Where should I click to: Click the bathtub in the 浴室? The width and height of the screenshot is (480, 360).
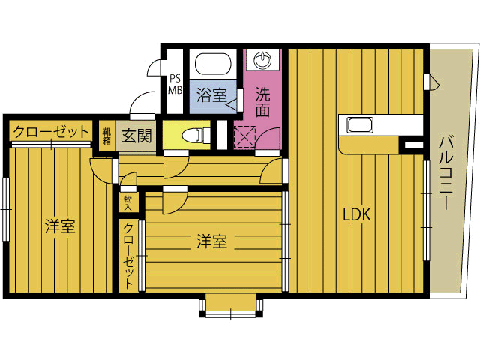tap(212, 64)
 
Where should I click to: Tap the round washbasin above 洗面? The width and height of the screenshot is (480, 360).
tap(262, 59)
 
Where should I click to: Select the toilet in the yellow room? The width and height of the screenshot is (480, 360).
tap(195, 135)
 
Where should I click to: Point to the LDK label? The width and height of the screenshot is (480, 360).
tap(357, 214)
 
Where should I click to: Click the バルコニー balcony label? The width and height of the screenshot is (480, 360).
tap(446, 172)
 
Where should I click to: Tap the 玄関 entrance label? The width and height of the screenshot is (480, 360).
tap(136, 135)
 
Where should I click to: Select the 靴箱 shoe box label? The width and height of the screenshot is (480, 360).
tap(106, 136)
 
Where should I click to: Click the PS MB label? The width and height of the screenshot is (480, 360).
tap(175, 84)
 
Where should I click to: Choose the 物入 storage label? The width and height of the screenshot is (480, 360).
tap(128, 203)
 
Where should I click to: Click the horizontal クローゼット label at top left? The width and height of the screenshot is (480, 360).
tap(51, 132)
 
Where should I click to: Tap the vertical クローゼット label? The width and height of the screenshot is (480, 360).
tap(128, 256)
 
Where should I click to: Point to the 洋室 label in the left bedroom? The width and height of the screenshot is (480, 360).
tap(60, 226)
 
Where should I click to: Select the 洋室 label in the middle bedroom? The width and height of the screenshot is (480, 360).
tap(211, 241)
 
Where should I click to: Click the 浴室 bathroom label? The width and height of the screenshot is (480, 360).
tap(211, 95)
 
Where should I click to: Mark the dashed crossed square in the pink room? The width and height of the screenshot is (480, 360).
tap(244, 136)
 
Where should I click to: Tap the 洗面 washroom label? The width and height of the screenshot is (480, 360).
tap(262, 102)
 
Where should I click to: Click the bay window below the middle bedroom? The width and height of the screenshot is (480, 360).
tap(231, 305)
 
